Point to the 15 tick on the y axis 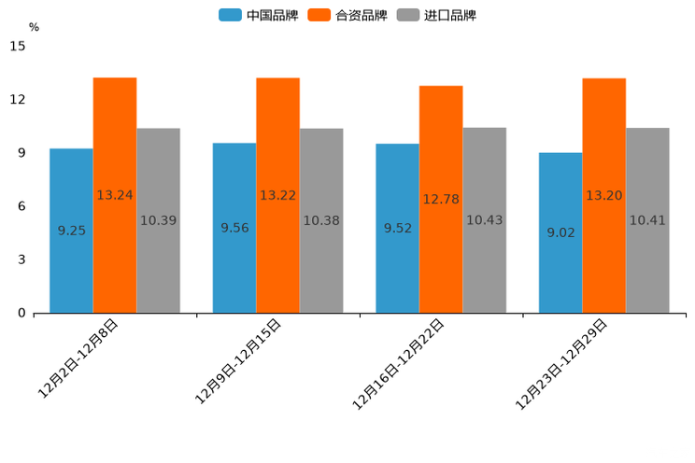(x=18, y=47)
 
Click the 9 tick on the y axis (x=21, y=153)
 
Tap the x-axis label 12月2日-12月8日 (x=80, y=358)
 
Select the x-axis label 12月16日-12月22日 (x=400, y=363)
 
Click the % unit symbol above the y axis (x=34, y=28)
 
